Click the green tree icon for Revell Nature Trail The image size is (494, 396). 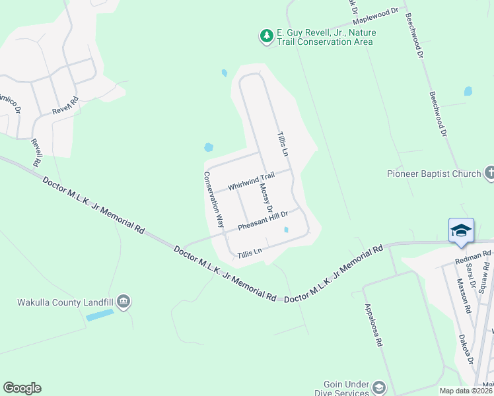point(266,36)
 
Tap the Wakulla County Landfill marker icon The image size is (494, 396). point(123,302)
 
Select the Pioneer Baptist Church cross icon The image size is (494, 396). point(489,174)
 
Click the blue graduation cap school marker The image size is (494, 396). point(461,230)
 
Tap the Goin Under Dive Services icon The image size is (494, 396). point(379,387)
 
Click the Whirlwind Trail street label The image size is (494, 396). point(251,181)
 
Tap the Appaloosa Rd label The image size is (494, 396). point(374,326)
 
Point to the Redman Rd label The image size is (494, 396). point(473,256)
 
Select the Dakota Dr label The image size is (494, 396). point(467,347)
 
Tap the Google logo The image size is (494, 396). point(22,388)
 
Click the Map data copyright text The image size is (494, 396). point(466,391)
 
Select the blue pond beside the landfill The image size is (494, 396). point(99,315)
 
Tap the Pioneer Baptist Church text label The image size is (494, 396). point(434,174)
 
